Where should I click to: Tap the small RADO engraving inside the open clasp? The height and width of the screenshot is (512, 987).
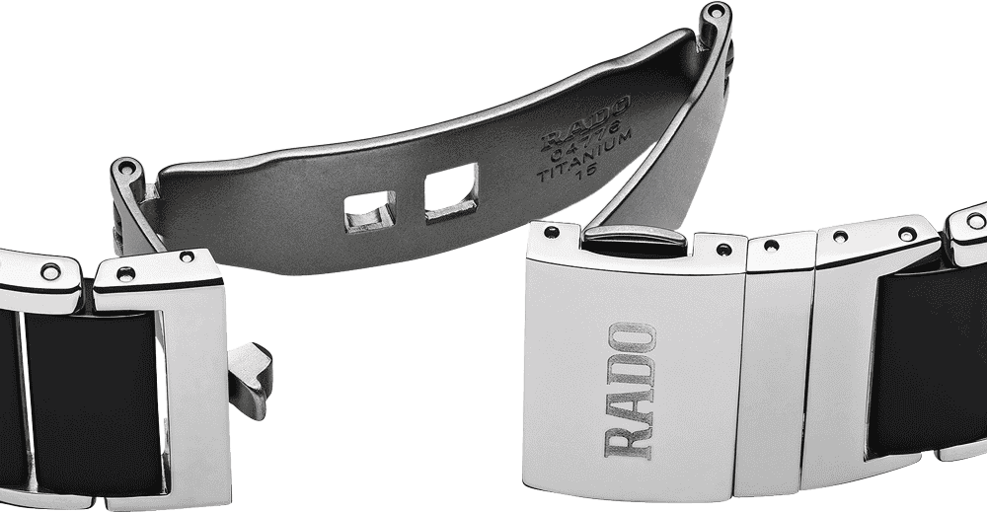click(585, 124)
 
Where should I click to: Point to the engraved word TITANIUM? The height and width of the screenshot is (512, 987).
click(584, 155)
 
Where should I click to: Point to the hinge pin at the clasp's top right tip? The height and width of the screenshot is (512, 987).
click(715, 11)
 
